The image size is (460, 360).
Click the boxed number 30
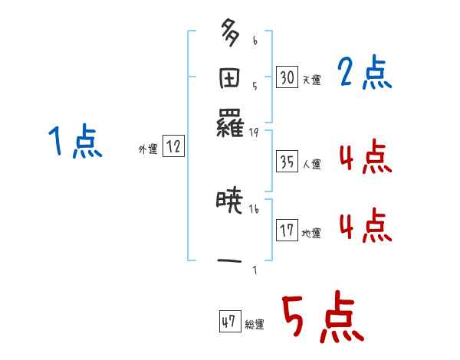pyautogui.click(x=287, y=77)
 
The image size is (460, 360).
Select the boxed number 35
pyautogui.click(x=287, y=162)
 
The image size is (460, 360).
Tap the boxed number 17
pyautogui.click(x=287, y=231)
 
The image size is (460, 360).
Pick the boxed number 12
pyautogui.click(x=173, y=147)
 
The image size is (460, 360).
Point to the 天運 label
pyautogui.click(x=311, y=79)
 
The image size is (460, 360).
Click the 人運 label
pyautogui.click(x=311, y=164)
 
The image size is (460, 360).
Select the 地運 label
pyautogui.click(x=311, y=233)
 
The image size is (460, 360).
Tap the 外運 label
pyautogui.click(x=148, y=150)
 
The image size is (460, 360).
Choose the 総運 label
pyautogui.click(x=255, y=325)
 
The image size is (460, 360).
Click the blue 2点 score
pyautogui.click(x=364, y=74)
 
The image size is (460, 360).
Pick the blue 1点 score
pyautogui.click(x=74, y=142)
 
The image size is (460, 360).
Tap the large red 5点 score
pyautogui.click(x=321, y=318)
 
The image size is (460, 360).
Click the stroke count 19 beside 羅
pyautogui.click(x=254, y=133)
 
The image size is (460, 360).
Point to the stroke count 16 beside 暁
pyautogui.click(x=254, y=209)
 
